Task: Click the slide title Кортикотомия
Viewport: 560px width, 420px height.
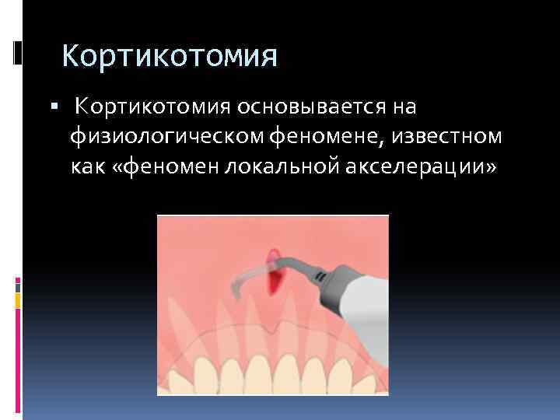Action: point(169,56)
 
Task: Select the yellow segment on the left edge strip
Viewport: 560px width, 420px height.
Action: point(17,297)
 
